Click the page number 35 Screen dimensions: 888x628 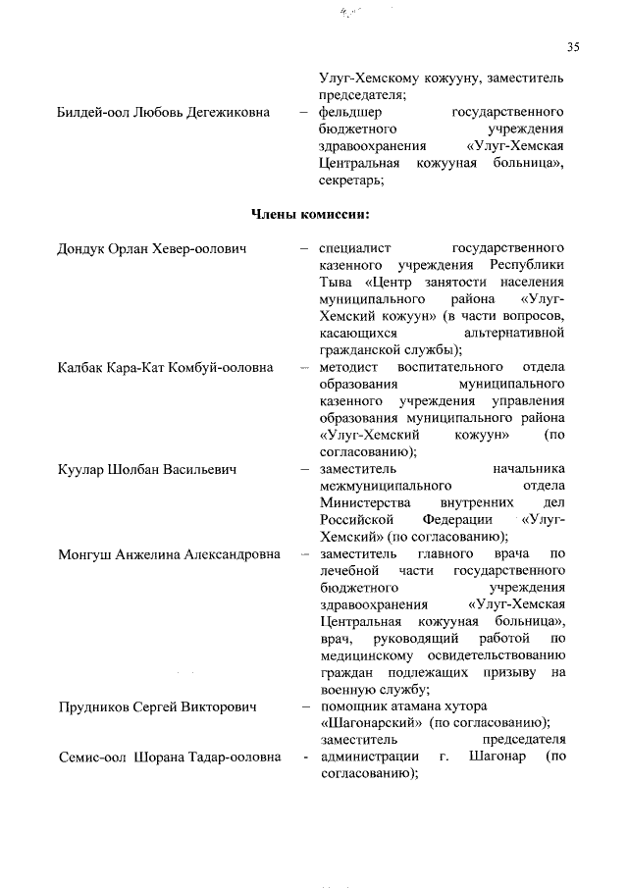(x=574, y=46)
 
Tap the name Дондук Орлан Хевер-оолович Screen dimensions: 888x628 (x=151, y=248)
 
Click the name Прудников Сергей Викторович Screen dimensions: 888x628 (x=157, y=706)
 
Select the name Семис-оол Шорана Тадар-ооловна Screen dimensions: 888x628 (x=169, y=757)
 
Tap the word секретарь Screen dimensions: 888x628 (x=349, y=180)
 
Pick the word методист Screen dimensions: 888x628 (x=348, y=367)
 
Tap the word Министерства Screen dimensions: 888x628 (x=368, y=502)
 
